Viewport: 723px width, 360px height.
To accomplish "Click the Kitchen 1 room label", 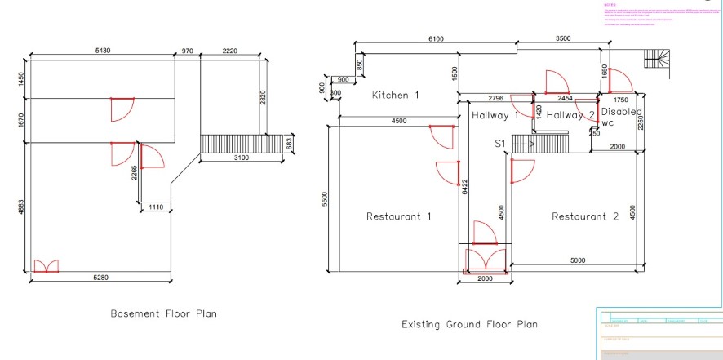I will (x=395, y=96).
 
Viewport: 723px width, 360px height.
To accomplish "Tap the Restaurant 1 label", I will (x=398, y=216).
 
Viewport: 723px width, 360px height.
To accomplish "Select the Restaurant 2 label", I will (x=585, y=216).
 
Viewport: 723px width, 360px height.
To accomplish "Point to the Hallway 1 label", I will (x=495, y=116).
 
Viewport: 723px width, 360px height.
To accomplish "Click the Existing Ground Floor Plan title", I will (x=470, y=324).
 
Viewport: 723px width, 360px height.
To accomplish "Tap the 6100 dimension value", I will (x=437, y=39).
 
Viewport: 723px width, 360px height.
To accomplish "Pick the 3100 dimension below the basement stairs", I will (x=242, y=157).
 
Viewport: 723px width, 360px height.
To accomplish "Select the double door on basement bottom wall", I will (x=45, y=266).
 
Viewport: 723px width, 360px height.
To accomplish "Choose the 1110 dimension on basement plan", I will (x=156, y=209).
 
